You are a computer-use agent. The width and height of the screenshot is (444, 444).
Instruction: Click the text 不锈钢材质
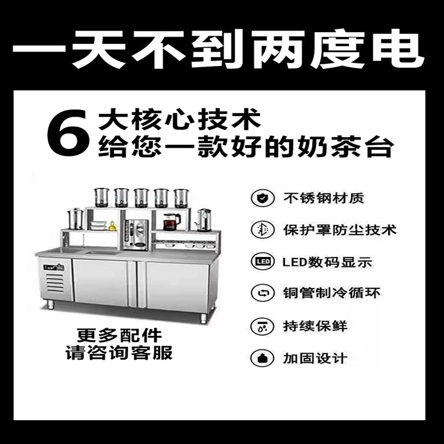tap(324, 198)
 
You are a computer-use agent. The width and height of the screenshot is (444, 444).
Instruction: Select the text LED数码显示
tap(327, 261)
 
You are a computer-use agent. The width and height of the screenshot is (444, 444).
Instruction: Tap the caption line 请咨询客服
tap(119, 352)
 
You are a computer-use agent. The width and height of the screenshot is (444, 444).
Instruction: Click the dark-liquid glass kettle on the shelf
tap(171, 221)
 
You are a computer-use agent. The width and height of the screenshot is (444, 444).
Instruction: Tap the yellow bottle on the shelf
tap(112, 225)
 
